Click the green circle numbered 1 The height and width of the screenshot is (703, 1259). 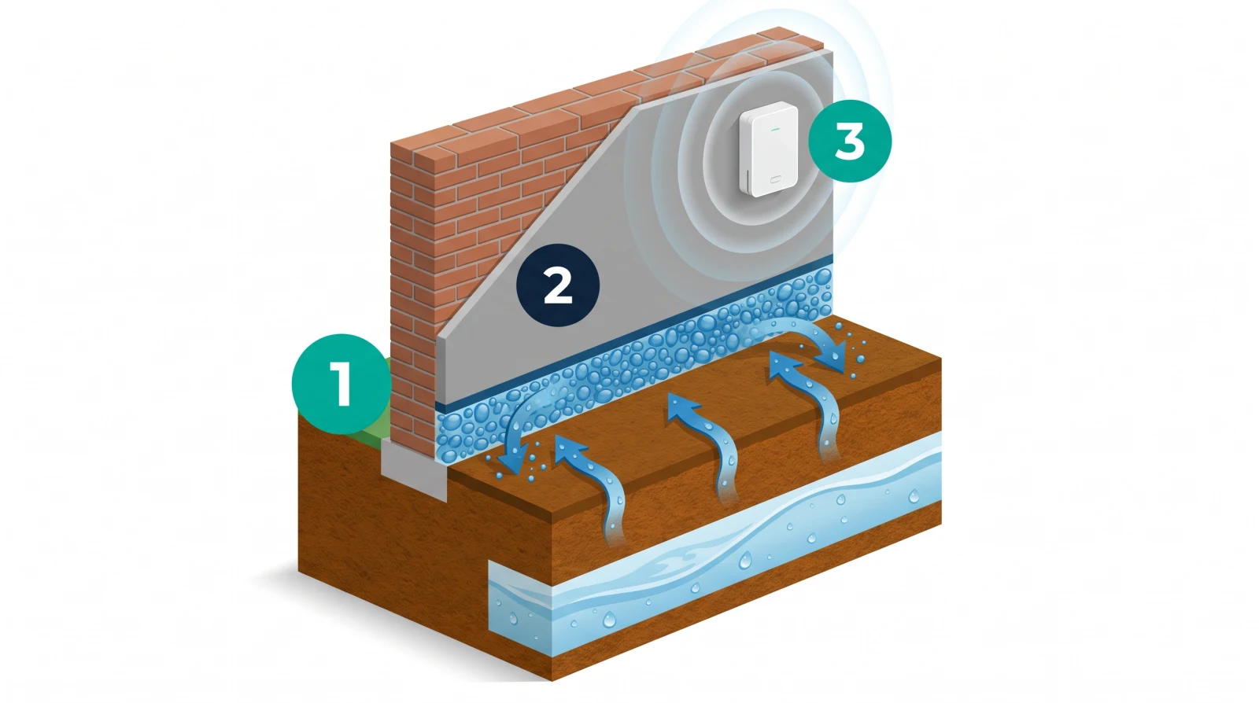coord(342,384)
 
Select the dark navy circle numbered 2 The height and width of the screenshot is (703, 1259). coord(558,285)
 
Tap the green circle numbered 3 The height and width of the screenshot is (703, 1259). coord(850,141)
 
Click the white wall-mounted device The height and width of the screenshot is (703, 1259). coord(769,149)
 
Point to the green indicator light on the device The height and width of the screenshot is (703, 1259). coord(776,129)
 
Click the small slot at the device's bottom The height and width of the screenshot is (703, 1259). coord(776,179)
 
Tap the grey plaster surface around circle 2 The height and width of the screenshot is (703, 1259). coord(635,236)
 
